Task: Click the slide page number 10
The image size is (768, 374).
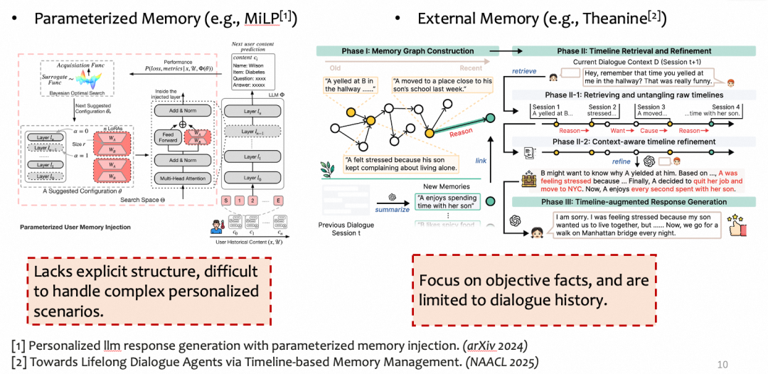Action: (722, 364)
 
